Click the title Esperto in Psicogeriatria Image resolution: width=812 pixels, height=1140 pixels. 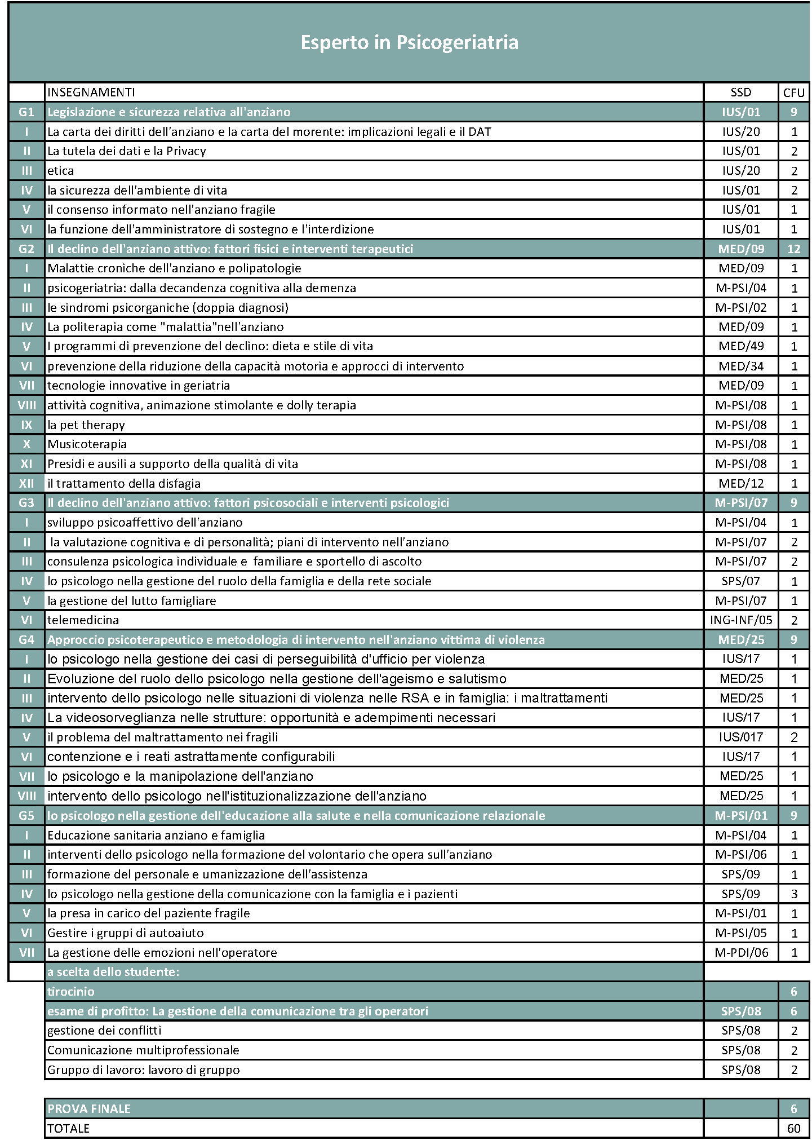pyautogui.click(x=409, y=43)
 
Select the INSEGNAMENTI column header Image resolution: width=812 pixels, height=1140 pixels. pyautogui.click(x=91, y=92)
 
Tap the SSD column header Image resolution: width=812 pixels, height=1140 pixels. pyautogui.click(x=740, y=92)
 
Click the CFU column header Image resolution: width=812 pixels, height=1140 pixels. pyautogui.click(x=793, y=92)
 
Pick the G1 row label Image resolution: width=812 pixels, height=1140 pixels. pyautogui.click(x=26, y=112)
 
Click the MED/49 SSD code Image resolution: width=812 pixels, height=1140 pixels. pyautogui.click(x=740, y=346)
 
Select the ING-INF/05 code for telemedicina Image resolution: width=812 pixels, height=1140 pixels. pyautogui.click(x=740, y=620)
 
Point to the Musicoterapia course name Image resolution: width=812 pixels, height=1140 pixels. pyautogui.click(x=87, y=444)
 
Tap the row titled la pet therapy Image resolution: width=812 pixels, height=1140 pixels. pyautogui.click(x=86, y=425)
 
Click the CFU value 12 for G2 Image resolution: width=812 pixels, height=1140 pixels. pyautogui.click(x=793, y=249)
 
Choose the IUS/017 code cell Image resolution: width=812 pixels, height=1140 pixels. pyautogui.click(x=740, y=737)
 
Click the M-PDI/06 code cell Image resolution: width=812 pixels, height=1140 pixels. pyautogui.click(x=740, y=953)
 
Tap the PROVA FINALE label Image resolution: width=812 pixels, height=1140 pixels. pyautogui.click(x=89, y=1108)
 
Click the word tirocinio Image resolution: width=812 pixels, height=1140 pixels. pyautogui.click(x=71, y=991)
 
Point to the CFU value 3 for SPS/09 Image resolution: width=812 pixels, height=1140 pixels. pyautogui.click(x=793, y=894)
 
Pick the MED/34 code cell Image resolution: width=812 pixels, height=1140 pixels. pyautogui.click(x=740, y=366)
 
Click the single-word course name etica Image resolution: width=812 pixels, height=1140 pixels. pyautogui.click(x=61, y=170)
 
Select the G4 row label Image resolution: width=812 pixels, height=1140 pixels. pyautogui.click(x=26, y=640)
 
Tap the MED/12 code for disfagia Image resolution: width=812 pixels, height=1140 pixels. pyautogui.click(x=740, y=483)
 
